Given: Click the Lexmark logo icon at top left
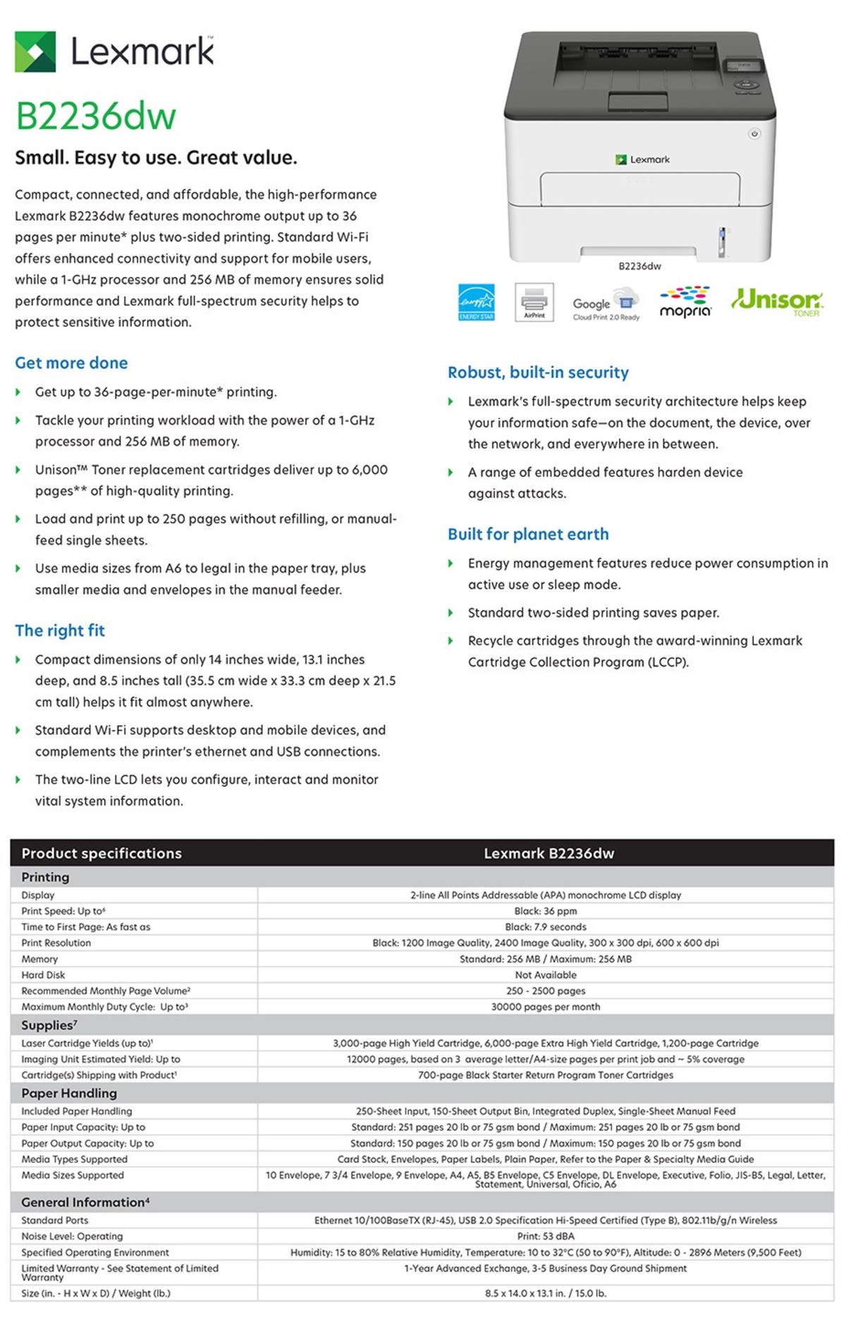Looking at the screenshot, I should pos(35,51).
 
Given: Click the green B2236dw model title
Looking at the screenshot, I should pos(96,116).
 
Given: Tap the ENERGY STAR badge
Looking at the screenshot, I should pos(477,303).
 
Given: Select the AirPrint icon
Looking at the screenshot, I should pos(534,302).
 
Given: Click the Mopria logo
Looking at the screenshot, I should pos(685,303).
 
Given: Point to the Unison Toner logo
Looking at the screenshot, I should pos(777,302).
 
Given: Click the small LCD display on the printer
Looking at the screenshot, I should pos(744,66).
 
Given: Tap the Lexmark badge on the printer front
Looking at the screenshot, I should pos(642,160).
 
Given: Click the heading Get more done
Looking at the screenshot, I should pos(71,363).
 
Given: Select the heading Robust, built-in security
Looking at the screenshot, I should pos(538,372).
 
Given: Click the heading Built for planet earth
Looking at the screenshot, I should pos(528,534).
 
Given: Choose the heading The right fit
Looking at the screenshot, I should pos(60,630).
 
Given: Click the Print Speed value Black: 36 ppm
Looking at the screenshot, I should pos(545,911).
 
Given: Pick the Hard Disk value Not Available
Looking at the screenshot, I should pos(545,975).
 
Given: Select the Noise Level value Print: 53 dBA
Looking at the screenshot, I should pos(545,1236).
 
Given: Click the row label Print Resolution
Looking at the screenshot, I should pos(56,943).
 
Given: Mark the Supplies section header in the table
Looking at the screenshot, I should pos(49,1025).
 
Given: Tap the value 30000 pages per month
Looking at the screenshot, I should pos(545,1007).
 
